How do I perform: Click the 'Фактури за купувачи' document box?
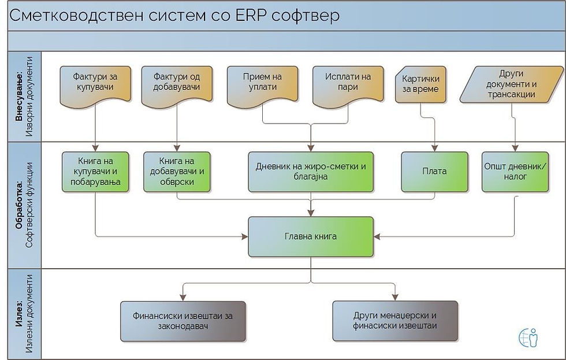click(95, 86)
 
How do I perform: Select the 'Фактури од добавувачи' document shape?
click(177, 86)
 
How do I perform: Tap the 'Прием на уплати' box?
click(262, 86)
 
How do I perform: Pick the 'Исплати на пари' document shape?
click(348, 86)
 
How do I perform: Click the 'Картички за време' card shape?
click(420, 84)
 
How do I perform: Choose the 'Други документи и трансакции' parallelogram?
click(512, 84)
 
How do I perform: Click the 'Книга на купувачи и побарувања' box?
click(95, 172)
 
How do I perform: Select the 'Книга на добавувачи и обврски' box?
click(177, 172)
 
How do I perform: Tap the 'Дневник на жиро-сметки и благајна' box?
click(311, 172)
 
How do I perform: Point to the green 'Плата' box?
click(434, 172)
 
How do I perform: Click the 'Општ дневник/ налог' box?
click(515, 172)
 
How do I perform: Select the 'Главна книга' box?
click(311, 236)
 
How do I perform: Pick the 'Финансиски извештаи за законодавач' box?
click(183, 321)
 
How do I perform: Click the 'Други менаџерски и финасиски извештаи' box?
click(395, 321)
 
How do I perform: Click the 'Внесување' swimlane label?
click(18, 97)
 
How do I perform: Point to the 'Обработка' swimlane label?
click(18, 205)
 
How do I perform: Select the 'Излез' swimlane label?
click(18, 314)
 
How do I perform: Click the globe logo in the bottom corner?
click(528, 337)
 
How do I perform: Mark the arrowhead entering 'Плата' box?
click(434, 148)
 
